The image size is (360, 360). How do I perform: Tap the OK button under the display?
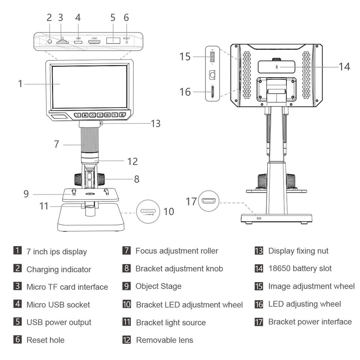pyautogui.click(x=107, y=115)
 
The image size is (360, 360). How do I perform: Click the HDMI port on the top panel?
pyautogui.click(x=94, y=42)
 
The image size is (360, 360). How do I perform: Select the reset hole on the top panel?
pyautogui.click(x=126, y=42)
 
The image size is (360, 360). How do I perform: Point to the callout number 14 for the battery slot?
pyautogui.click(x=344, y=67)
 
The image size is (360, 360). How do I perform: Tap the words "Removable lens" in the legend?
pyautogui.click(x=165, y=340)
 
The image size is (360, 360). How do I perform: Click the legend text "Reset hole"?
pyautogui.click(x=45, y=340)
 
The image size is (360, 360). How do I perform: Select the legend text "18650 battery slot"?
pyautogui.click(x=300, y=268)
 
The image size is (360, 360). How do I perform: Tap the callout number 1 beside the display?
pyautogui.click(x=20, y=84)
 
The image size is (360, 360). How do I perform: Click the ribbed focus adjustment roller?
pyautogui.click(x=89, y=140)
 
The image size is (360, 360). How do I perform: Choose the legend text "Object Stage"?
pyautogui.click(x=159, y=286)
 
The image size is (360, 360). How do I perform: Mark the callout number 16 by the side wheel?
pyautogui.click(x=185, y=92)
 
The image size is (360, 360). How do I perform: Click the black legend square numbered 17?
pyautogui.click(x=259, y=322)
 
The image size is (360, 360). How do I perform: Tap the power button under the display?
pyautogui.click(x=77, y=115)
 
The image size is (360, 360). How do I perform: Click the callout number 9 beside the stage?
pyautogui.click(x=26, y=194)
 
